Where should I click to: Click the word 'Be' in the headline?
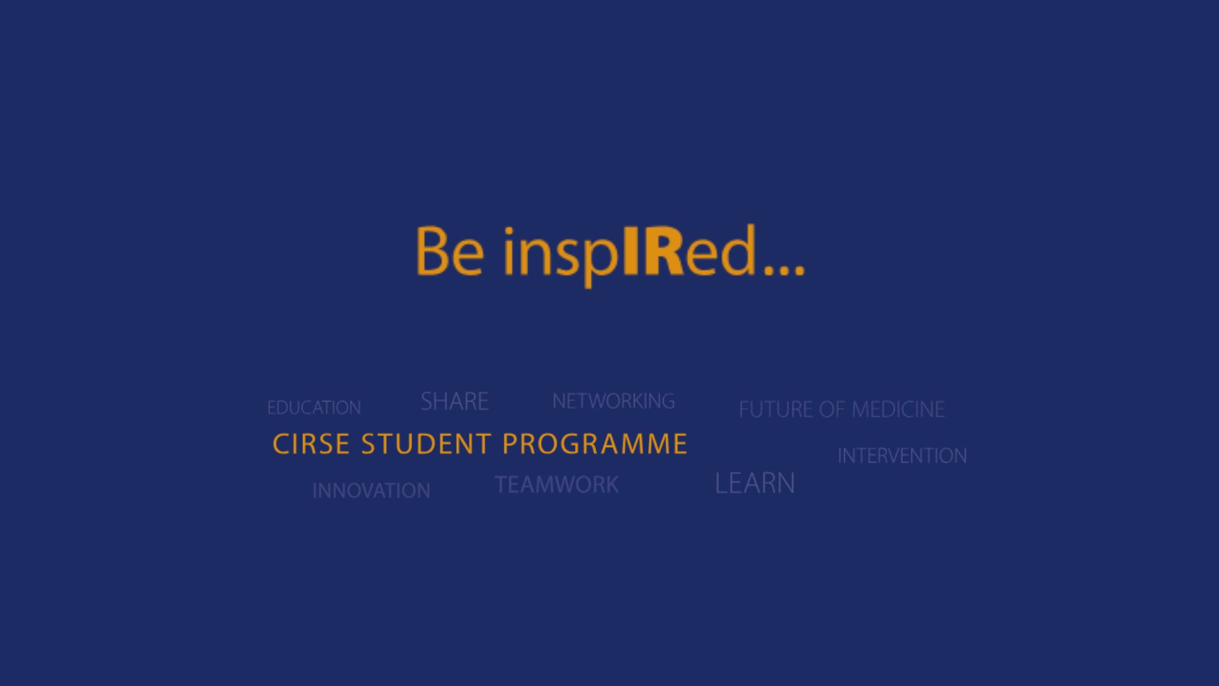[450, 252]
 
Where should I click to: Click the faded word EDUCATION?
[314, 408]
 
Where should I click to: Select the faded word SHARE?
[455, 401]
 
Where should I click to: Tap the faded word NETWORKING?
[613, 401]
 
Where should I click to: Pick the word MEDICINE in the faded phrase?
[898, 409]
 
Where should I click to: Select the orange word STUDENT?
[426, 444]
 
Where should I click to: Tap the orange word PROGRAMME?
[595, 444]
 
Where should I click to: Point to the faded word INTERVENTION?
[902, 456]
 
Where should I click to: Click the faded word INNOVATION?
[371, 491]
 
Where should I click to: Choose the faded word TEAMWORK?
[557, 485]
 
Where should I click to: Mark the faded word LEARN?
[755, 483]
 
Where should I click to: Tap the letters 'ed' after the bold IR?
[720, 250]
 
